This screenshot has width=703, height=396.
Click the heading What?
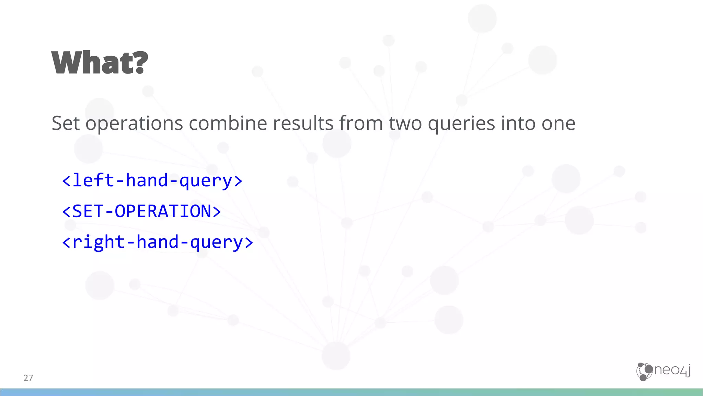[x=100, y=63]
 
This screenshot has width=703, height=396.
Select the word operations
[x=134, y=124]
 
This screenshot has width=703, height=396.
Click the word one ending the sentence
[x=558, y=124]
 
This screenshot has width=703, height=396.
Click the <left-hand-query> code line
[x=152, y=180]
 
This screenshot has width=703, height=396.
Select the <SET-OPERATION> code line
[x=141, y=211]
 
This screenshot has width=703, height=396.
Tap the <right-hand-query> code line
[x=158, y=242]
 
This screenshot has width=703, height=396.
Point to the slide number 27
[x=28, y=378]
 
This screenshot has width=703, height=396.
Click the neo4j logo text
[x=672, y=370]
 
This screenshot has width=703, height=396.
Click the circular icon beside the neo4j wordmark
[x=644, y=372]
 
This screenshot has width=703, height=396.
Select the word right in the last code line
[x=99, y=242]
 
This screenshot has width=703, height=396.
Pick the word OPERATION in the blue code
[x=163, y=211]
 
